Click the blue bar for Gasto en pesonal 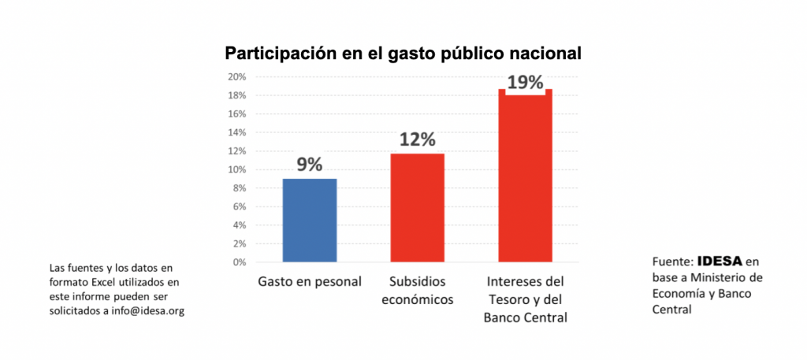coord(310,221)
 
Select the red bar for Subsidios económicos coord(417,208)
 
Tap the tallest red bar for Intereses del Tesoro coord(525,176)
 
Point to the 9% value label coord(310,165)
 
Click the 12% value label coord(417,139)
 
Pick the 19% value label coord(525,82)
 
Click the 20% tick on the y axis coord(237,77)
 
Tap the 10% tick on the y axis coord(237,169)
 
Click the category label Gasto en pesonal coord(310,281)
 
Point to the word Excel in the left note coord(102,281)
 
